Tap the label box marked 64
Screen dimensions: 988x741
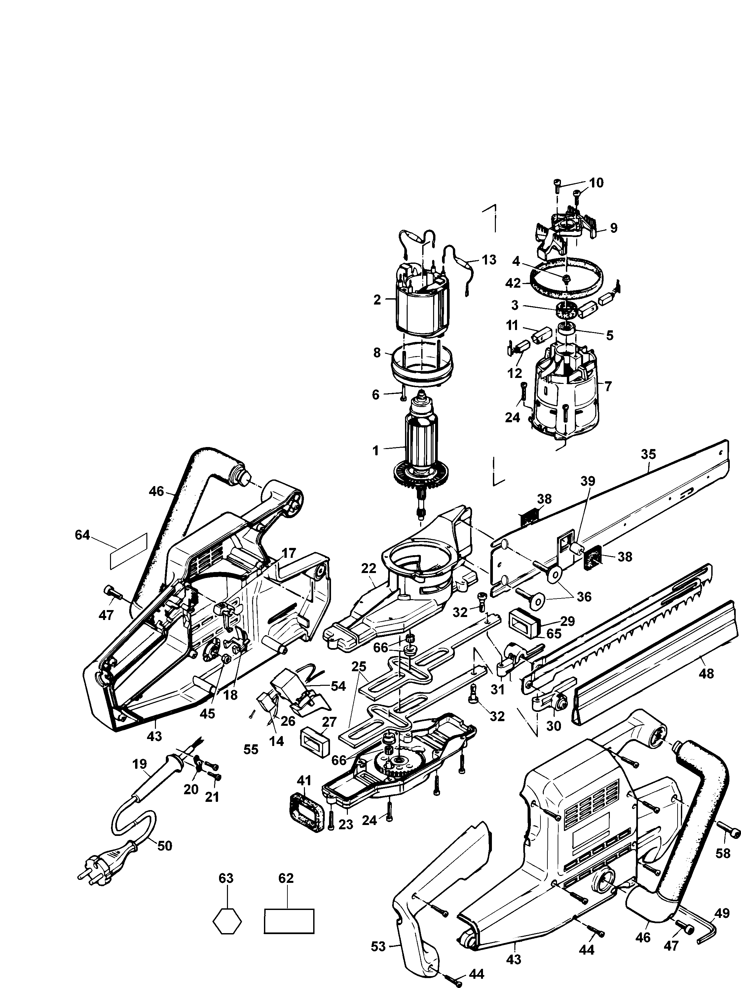tap(129, 551)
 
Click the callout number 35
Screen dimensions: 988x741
tap(648, 454)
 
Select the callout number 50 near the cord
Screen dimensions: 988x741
tap(165, 845)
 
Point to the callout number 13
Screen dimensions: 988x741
tap(489, 260)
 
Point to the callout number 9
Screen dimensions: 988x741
tap(613, 228)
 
